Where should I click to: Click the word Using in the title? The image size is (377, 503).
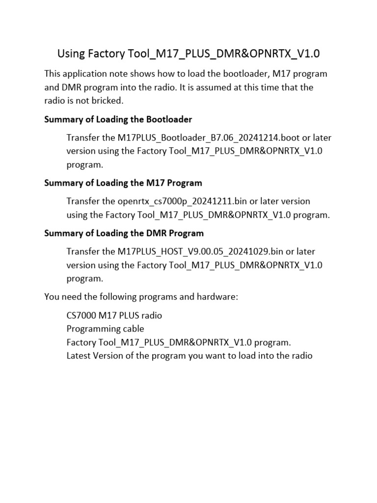click(71, 53)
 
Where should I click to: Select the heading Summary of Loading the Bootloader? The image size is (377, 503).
click(118, 119)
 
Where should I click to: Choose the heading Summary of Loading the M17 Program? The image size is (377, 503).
click(123, 183)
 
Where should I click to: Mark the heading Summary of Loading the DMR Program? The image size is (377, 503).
click(124, 233)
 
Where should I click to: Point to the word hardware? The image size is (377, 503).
click(217, 297)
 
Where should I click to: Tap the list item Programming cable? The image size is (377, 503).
click(105, 329)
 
